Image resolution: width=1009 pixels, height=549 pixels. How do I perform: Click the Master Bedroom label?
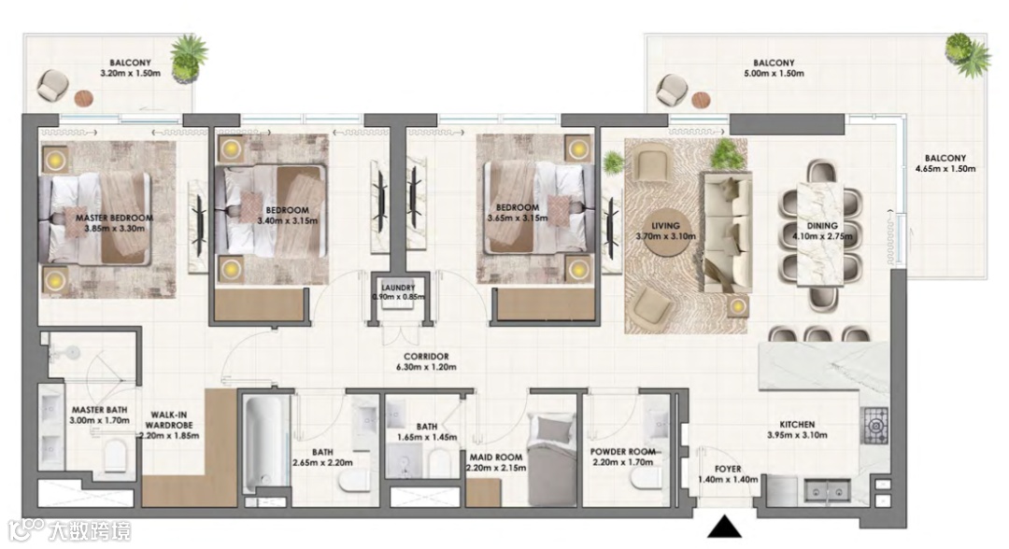tap(115, 223)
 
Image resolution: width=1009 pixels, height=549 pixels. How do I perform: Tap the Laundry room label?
tap(398, 292)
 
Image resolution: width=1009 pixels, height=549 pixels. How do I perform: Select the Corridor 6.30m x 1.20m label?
tap(426, 362)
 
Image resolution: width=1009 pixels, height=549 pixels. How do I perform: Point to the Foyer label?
tap(728, 474)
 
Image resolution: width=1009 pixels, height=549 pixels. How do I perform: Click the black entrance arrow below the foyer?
tap(725, 527)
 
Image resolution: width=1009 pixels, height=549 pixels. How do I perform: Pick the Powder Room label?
tap(623, 457)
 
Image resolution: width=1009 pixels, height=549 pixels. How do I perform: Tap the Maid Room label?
tap(496, 462)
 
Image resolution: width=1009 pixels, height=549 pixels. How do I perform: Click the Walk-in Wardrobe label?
tap(169, 425)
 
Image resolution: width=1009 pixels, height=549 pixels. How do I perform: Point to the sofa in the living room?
tap(727, 232)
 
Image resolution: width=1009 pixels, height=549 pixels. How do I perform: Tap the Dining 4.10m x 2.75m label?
tap(822, 231)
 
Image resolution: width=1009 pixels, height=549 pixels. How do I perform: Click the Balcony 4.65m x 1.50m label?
tap(945, 163)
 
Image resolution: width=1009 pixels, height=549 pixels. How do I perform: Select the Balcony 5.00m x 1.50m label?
tap(774, 68)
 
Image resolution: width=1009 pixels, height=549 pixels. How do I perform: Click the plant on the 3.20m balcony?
tap(189, 57)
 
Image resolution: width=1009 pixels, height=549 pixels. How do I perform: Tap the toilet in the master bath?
tap(115, 455)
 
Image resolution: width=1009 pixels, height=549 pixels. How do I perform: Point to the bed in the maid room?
tap(552, 459)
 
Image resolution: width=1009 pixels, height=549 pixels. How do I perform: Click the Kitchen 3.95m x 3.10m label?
tap(797, 430)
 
